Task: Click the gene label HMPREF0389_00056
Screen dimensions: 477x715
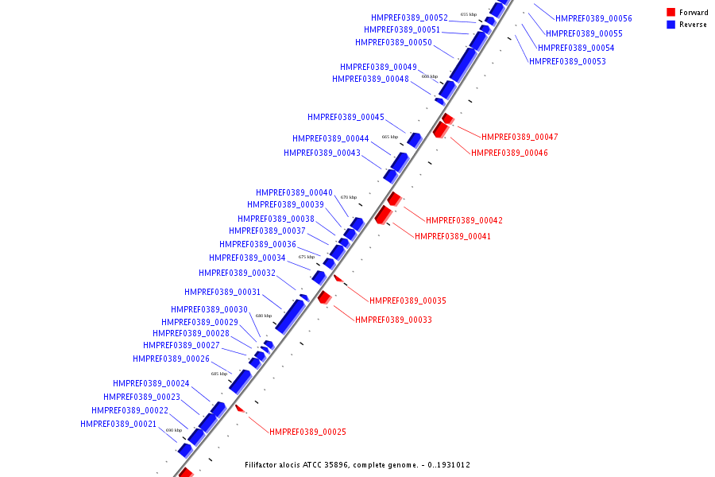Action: (593, 18)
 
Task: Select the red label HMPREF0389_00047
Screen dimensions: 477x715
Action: (520, 138)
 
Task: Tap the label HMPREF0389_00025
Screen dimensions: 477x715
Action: (307, 432)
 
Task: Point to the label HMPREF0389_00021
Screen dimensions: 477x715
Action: (118, 425)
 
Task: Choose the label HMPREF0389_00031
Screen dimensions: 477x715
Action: (222, 293)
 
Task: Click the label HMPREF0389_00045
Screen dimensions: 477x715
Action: (346, 118)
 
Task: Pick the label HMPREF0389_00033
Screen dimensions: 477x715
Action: (393, 320)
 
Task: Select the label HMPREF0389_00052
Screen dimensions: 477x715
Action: (409, 17)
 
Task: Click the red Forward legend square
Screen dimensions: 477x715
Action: (671, 13)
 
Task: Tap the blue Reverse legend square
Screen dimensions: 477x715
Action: (671, 25)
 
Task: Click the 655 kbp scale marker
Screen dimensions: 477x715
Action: (469, 14)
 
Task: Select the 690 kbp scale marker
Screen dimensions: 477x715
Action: (174, 430)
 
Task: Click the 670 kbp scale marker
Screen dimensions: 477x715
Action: (349, 197)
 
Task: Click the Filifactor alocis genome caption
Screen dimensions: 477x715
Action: (357, 465)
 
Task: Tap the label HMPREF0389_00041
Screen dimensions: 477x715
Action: (453, 237)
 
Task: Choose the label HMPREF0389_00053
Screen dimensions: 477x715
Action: (567, 62)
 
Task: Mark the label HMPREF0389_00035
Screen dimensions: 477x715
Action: (408, 301)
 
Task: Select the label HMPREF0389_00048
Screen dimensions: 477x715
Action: (370, 79)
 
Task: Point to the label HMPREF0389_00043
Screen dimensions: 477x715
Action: (322, 153)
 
